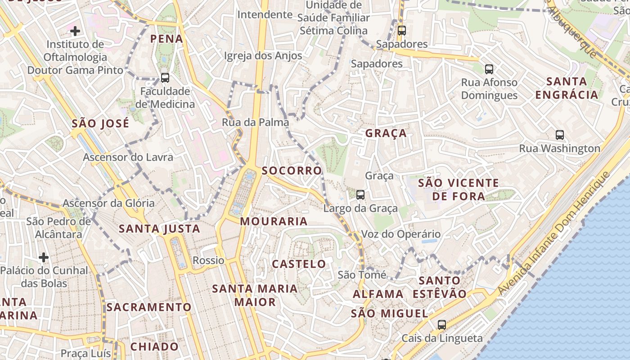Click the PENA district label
(x=166, y=39)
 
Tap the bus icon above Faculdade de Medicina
(x=165, y=77)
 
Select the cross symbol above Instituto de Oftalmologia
(x=75, y=31)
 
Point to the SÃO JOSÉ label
(x=100, y=123)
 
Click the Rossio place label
(x=208, y=260)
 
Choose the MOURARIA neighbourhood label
(x=274, y=221)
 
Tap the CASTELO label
(x=299, y=264)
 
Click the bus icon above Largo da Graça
(x=360, y=194)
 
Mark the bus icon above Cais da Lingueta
(x=442, y=324)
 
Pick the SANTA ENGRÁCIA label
(x=567, y=88)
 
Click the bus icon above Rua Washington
(x=560, y=135)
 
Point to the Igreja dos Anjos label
(x=263, y=56)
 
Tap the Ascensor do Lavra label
(x=128, y=157)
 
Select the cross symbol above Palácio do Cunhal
(x=44, y=257)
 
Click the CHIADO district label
(x=154, y=346)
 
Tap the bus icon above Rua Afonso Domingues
(x=489, y=69)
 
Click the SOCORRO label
(x=292, y=171)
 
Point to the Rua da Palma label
(x=255, y=122)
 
